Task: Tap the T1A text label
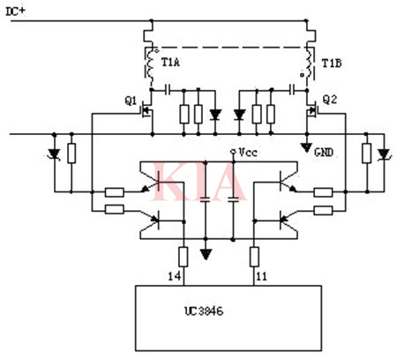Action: pyautogui.click(x=170, y=62)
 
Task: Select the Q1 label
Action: pyautogui.click(x=131, y=100)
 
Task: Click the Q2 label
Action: pyautogui.click(x=330, y=100)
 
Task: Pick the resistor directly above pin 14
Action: pyautogui.click(x=183, y=257)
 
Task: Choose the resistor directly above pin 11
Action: pyautogui.click(x=254, y=257)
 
